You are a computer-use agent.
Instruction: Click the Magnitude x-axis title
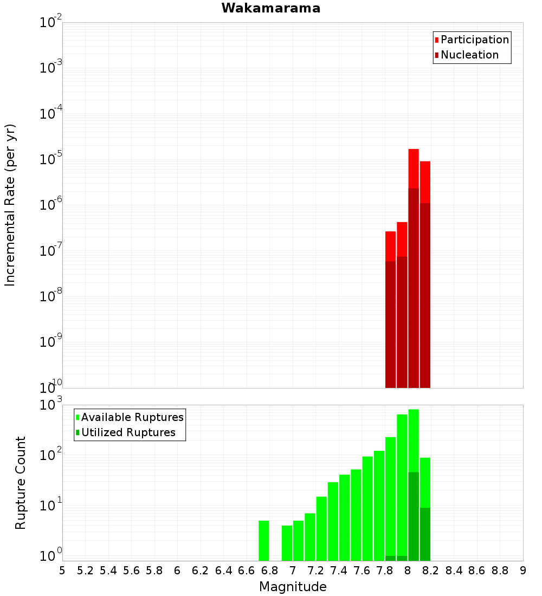click(293, 587)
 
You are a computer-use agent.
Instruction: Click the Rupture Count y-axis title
click(21, 483)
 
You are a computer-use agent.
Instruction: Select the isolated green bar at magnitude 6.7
click(264, 540)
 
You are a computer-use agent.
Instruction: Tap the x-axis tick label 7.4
click(339, 571)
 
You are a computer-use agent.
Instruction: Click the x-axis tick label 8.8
click(500, 571)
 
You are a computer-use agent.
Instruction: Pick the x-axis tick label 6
click(177, 571)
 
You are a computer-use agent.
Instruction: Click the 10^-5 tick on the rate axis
click(50, 160)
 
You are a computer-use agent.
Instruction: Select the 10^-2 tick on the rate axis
click(50, 23)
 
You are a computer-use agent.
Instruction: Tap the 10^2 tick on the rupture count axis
click(50, 456)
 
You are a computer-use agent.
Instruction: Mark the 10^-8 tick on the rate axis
click(50, 296)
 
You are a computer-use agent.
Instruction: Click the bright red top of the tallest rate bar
click(414, 168)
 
